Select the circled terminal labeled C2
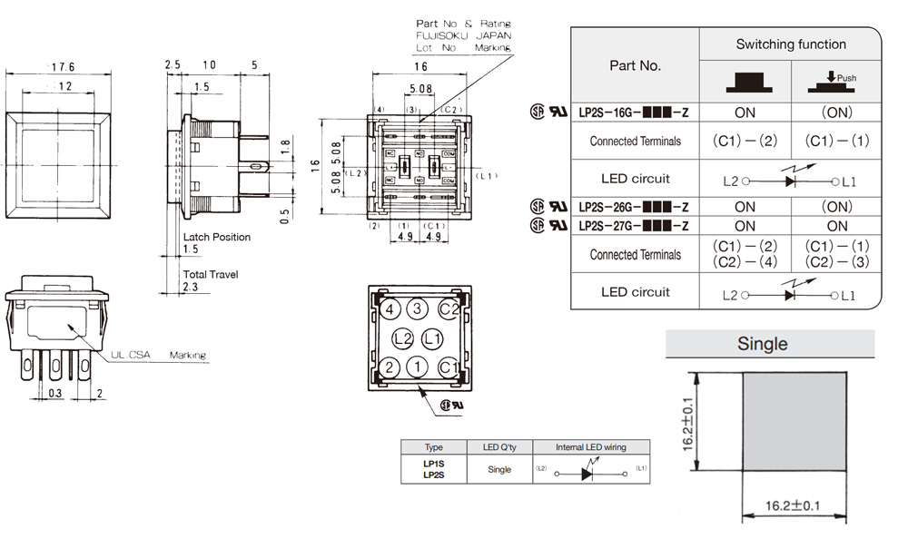click(449, 309)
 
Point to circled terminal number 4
click(389, 309)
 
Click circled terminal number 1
click(418, 367)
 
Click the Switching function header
click(791, 44)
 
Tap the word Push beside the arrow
click(846, 79)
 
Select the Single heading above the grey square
click(763, 344)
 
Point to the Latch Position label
click(216, 237)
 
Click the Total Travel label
click(211, 273)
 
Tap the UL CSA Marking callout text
click(159, 355)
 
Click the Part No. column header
click(636, 65)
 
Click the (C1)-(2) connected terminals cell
click(745, 141)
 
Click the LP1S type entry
click(433, 464)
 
